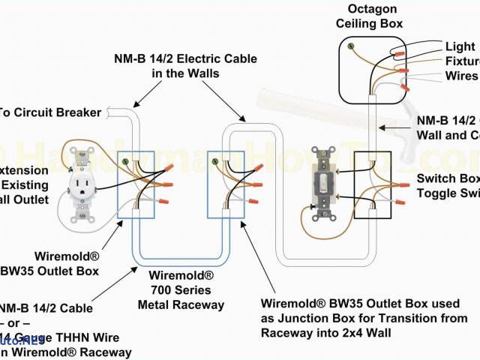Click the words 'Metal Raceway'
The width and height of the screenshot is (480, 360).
[181, 304]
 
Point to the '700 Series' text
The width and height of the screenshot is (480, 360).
[180, 289]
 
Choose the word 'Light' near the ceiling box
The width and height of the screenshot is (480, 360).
[460, 46]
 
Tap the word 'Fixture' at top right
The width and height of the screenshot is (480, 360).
[462, 61]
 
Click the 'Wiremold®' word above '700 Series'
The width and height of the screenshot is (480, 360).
[180, 274]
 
